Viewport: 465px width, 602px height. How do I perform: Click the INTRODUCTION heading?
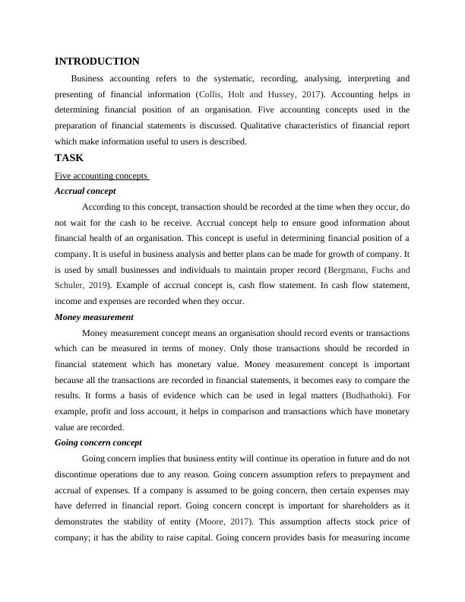coord(97,62)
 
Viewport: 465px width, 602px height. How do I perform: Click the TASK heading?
coord(69,158)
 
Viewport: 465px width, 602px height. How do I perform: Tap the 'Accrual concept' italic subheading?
coord(85,191)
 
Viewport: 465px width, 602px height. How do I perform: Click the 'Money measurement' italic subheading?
coord(94,317)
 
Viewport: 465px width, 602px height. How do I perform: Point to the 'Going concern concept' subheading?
coord(99,442)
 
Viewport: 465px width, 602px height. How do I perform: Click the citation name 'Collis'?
coord(210,94)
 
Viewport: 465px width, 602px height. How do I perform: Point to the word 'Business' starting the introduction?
coord(90,78)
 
